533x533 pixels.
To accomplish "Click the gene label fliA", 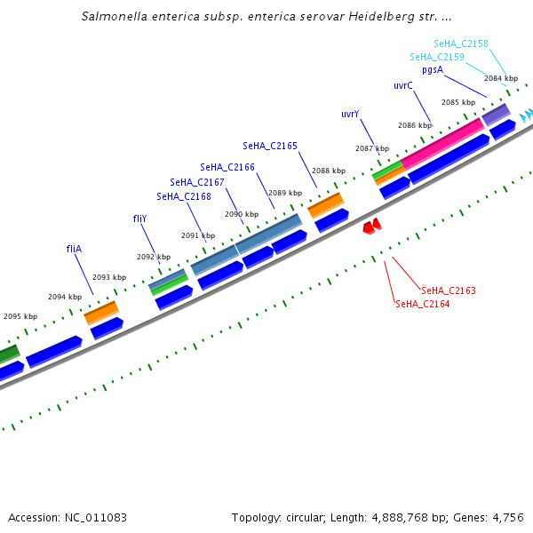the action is (74, 249).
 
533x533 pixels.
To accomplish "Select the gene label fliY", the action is (140, 218).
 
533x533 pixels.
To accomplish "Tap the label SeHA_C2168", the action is (184, 196).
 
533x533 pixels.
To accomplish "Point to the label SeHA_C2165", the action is (270, 146).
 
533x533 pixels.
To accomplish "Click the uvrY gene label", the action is (350, 115).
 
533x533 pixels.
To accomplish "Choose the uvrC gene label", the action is (403, 85).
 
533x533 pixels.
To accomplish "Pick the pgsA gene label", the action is (433, 69).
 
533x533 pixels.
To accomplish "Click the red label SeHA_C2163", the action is (449, 290).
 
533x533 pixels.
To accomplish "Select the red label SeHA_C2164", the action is (422, 304).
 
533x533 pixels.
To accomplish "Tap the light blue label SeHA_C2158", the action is (461, 44).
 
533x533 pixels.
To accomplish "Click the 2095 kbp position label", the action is (20, 316).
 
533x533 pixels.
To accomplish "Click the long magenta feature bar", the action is (443, 139).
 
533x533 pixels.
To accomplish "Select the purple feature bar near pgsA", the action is (496, 115).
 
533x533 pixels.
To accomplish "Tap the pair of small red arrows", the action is (372, 227).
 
